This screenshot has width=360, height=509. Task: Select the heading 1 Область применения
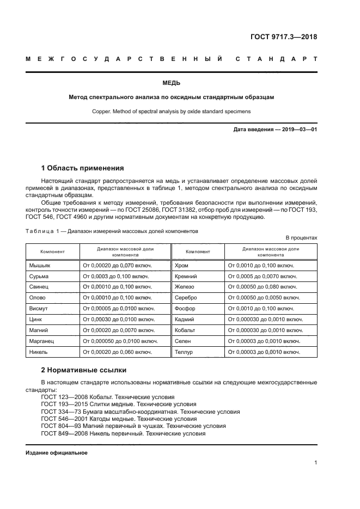pyautogui.click(x=82, y=168)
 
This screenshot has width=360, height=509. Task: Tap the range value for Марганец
pyautogui.click(x=119, y=341)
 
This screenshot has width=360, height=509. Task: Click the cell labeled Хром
pyautogui.click(x=181, y=265)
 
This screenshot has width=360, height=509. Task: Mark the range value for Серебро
pyautogui.click(x=264, y=298)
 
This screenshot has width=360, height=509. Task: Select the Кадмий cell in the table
pyautogui.click(x=184, y=320)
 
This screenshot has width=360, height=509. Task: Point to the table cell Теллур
pyautogui.click(x=184, y=352)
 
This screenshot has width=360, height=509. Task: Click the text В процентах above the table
pyautogui.click(x=301, y=238)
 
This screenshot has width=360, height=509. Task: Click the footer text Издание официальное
pyautogui.click(x=57, y=452)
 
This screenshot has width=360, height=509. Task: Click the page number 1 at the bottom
pyautogui.click(x=315, y=463)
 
